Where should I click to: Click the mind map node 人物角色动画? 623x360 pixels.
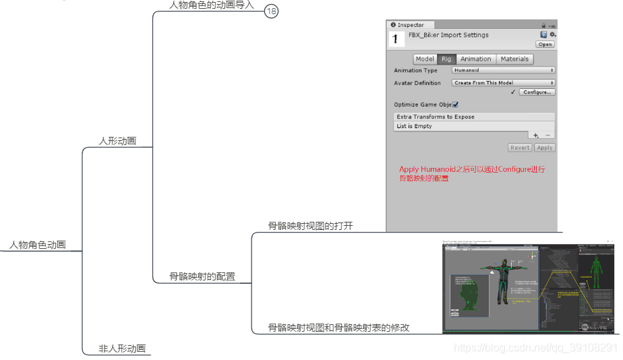(38, 245)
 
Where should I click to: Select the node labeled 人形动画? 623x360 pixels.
(117, 141)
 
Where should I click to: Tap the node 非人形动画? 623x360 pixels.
(122, 349)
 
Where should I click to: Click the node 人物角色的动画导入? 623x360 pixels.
(211, 5)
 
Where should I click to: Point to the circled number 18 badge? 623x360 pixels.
(271, 11)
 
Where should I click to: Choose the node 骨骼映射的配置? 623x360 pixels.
(202, 276)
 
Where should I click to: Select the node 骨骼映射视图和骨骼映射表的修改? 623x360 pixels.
(338, 328)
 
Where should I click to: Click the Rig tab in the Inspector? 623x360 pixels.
(446, 59)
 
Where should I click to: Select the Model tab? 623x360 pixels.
(425, 59)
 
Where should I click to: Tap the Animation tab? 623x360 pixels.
(476, 59)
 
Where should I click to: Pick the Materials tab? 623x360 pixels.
(514, 59)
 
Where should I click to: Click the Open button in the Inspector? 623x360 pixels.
(545, 44)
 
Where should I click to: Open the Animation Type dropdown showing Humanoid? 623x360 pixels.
(503, 70)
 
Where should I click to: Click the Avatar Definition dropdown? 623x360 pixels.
(503, 83)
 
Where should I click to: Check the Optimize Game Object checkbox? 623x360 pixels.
(456, 104)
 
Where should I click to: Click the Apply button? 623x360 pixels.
(544, 148)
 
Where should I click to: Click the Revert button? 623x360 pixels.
(520, 148)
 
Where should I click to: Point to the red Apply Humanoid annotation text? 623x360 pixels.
(471, 174)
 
